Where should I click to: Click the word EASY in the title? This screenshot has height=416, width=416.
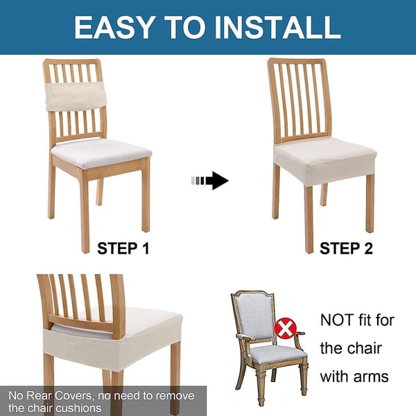point(114,28)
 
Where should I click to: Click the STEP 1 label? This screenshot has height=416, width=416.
point(123,249)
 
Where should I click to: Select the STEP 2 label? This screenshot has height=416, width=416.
point(346,249)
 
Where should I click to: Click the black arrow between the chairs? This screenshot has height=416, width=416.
point(210,181)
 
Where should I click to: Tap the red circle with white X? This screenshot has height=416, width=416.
point(285,329)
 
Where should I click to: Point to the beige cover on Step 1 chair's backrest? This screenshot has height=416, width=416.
point(76,96)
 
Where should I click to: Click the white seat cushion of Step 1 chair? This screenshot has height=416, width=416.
point(102,153)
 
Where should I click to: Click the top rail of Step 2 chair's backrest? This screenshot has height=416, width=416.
point(297,62)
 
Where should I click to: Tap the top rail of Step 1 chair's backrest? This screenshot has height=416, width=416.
point(71,62)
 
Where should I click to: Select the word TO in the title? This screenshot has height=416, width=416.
point(184,28)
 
